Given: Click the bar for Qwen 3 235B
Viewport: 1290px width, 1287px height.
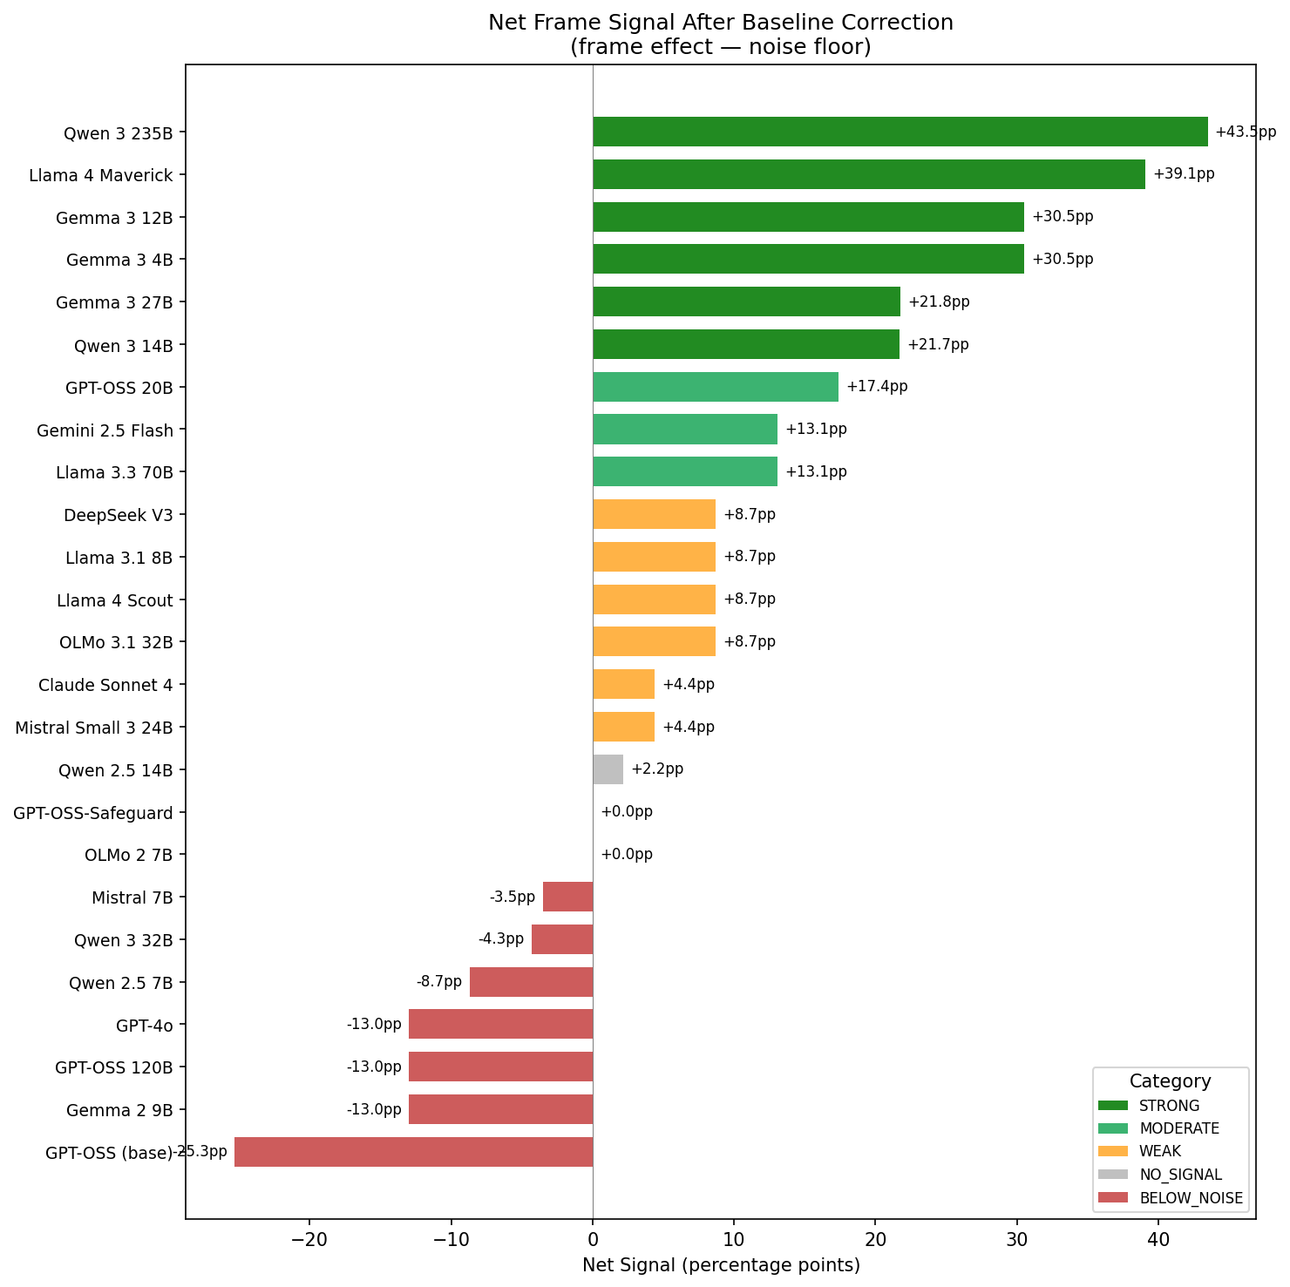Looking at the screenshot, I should (x=900, y=132).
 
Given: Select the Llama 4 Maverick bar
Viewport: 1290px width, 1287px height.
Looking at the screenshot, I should (x=868, y=174).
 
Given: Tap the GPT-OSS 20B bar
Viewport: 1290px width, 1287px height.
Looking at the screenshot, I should (x=715, y=387).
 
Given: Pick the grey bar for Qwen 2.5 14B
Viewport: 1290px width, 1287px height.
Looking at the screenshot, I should (x=608, y=769).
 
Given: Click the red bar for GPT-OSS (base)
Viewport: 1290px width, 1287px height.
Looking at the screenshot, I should (x=413, y=1152).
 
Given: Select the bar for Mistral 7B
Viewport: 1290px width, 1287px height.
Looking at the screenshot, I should (x=567, y=897).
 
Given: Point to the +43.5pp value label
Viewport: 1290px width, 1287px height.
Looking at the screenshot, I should (x=1245, y=132).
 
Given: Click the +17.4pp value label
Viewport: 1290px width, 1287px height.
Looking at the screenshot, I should (x=876, y=387).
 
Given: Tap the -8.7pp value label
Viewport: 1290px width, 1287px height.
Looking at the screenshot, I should (x=439, y=982).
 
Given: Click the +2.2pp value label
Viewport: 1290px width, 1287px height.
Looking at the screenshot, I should (x=657, y=769).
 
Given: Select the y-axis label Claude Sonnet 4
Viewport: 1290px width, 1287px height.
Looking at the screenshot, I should (x=105, y=685).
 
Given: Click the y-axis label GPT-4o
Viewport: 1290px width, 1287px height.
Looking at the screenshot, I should (x=145, y=1025).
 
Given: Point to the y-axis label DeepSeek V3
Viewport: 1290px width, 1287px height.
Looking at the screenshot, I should (x=119, y=515).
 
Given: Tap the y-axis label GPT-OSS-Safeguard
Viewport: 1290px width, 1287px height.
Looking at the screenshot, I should (x=93, y=813).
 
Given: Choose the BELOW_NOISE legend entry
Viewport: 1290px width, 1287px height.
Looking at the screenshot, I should (x=1191, y=1198).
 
